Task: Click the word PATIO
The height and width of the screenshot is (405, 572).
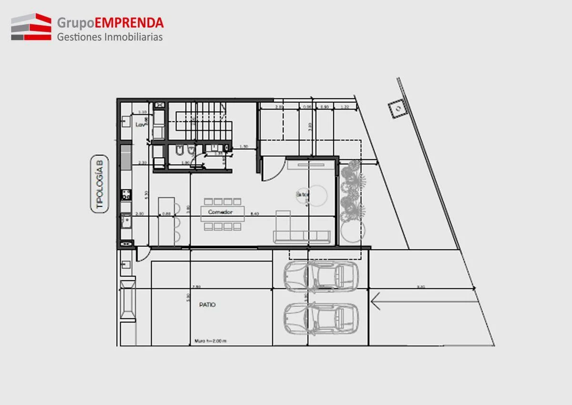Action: click(207, 305)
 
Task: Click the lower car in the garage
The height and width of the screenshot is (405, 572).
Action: click(320, 317)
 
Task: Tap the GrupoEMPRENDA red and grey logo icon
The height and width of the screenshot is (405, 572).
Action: click(31, 27)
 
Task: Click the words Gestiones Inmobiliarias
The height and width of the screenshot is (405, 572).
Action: click(110, 37)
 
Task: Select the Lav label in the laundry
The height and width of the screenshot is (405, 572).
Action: click(140, 125)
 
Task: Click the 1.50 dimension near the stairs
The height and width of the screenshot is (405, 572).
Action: click(244, 146)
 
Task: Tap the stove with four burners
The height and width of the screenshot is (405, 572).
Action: click(126, 194)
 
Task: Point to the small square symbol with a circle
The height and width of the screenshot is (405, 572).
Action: click(397, 109)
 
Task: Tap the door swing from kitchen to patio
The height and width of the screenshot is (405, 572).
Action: click(143, 255)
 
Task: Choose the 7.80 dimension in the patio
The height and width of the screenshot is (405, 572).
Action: click(196, 287)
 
